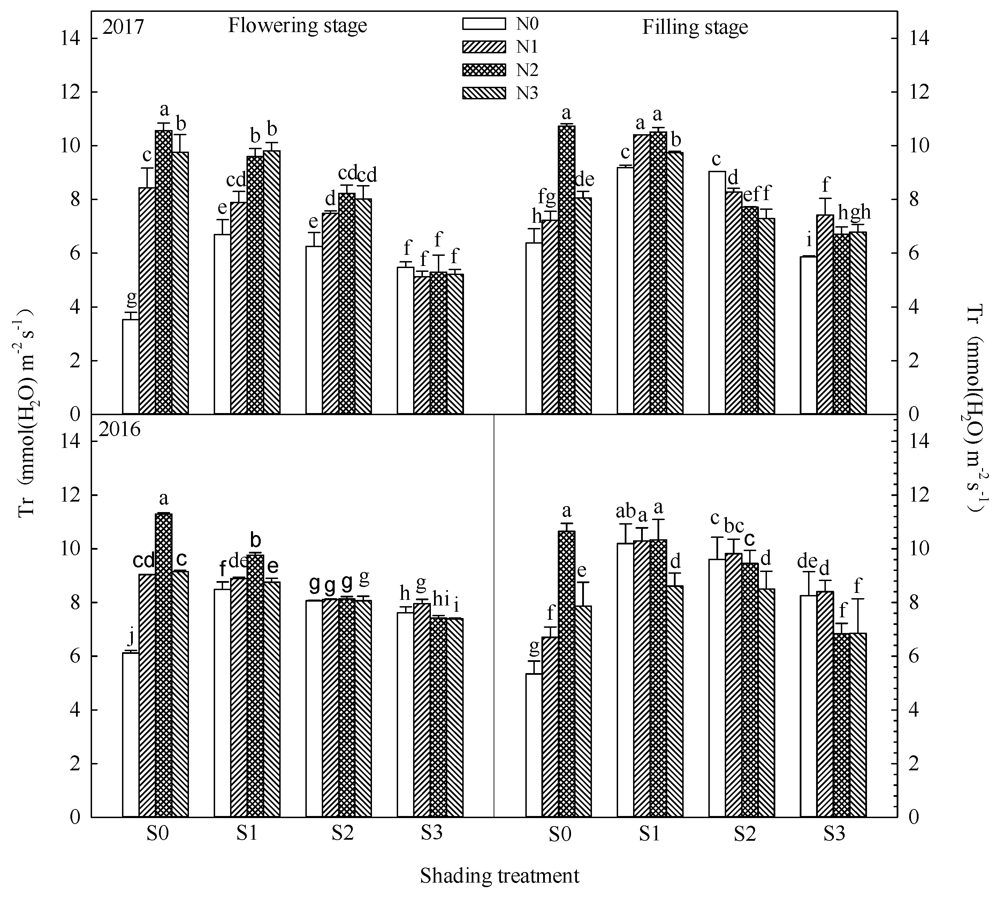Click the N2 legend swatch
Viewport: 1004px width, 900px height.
tap(484, 70)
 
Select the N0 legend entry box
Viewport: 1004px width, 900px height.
tap(484, 23)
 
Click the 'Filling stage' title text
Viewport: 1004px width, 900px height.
tap(694, 27)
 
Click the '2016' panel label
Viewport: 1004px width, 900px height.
tap(119, 429)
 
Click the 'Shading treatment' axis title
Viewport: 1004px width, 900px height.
tap(499, 876)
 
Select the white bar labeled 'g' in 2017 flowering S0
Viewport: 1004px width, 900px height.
tap(131, 366)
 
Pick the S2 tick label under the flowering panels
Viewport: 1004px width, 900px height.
tap(342, 834)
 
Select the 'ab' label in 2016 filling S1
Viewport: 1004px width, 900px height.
tap(625, 511)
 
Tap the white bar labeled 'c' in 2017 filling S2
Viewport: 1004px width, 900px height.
tap(717, 292)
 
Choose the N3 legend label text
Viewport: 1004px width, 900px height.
tap(527, 93)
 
